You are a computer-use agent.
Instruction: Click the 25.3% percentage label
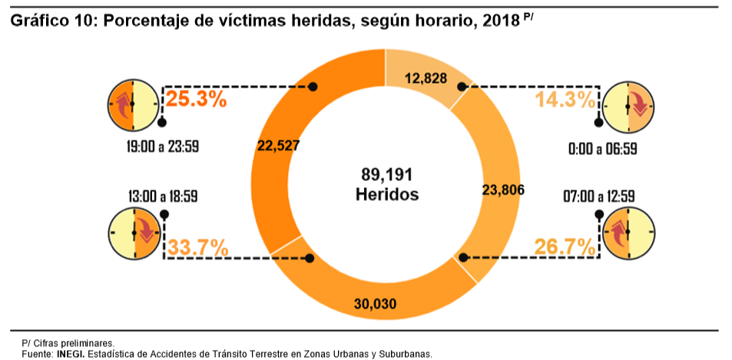[x=197, y=99]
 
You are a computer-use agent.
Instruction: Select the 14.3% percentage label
[x=565, y=100]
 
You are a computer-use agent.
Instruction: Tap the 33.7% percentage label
[x=197, y=248]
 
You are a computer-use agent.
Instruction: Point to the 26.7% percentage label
[x=565, y=247]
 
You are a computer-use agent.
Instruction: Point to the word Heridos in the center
[x=387, y=194]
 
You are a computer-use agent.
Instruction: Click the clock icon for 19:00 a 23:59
[x=133, y=103]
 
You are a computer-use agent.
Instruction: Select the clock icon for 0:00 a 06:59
[x=628, y=103]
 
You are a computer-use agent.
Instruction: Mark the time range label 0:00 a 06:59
[x=602, y=148]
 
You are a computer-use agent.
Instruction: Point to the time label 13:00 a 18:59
[x=163, y=197]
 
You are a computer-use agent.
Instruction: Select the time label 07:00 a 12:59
[x=598, y=197]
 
